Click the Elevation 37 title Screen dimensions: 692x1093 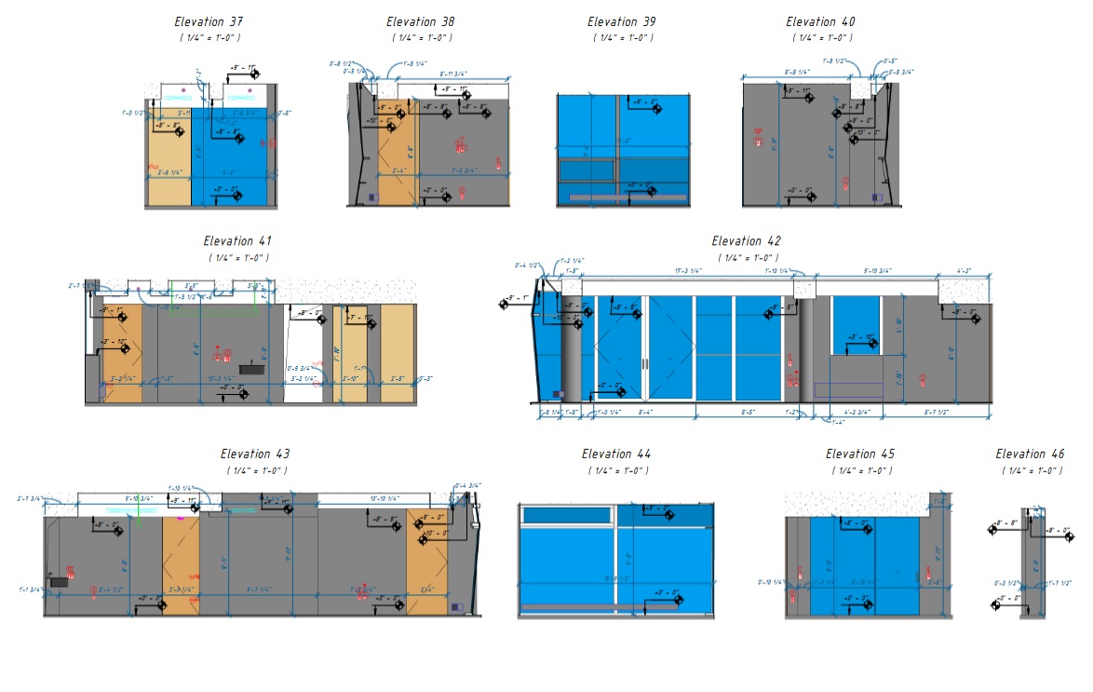tap(209, 21)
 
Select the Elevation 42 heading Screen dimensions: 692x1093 tap(747, 242)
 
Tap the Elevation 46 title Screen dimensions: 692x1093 tap(1029, 455)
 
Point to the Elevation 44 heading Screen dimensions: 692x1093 tap(616, 455)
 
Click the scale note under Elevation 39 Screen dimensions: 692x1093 tap(624, 37)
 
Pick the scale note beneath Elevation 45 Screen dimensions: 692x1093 tap(858, 470)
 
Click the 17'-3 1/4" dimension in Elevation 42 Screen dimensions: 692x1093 tap(688, 270)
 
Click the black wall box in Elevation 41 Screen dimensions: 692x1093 tap(252, 370)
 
